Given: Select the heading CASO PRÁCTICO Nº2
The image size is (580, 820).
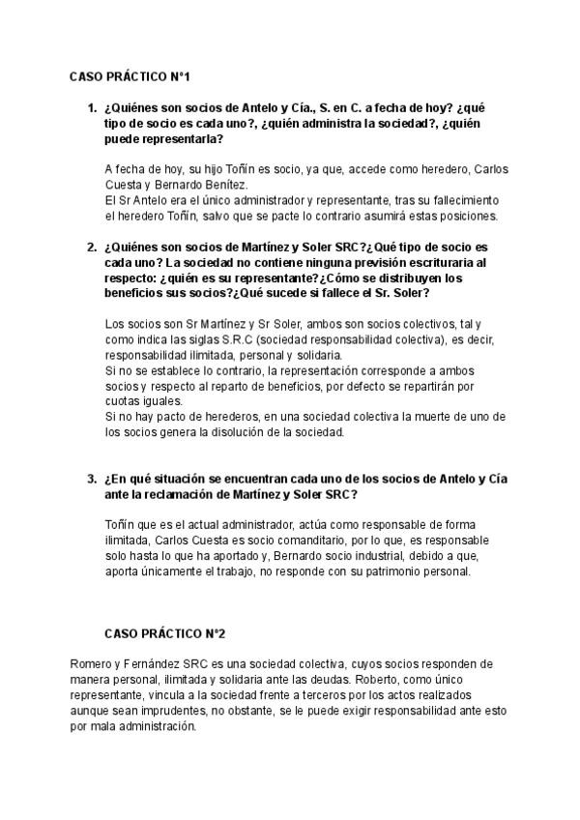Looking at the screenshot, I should click(164, 633).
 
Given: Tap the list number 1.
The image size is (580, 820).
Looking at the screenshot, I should click(92, 108).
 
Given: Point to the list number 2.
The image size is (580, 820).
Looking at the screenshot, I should click(92, 248).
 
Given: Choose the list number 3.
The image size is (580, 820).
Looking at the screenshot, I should click(92, 478).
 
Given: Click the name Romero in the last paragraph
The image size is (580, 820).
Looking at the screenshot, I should click(93, 664).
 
